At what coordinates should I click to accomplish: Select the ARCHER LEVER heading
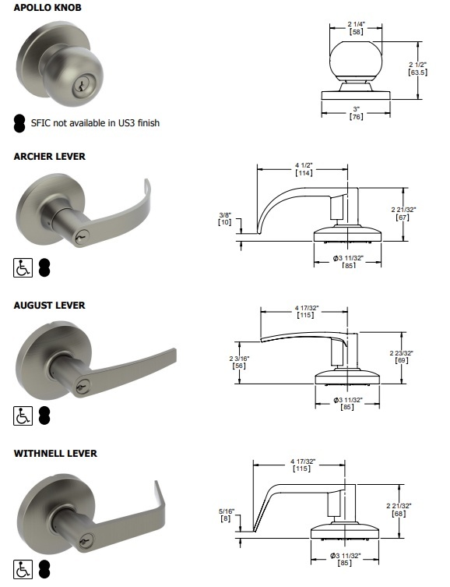click(x=49, y=156)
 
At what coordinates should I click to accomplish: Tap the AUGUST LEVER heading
click(x=49, y=305)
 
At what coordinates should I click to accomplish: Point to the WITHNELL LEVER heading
click(x=55, y=453)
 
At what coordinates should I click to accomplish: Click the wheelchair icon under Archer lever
click(x=23, y=269)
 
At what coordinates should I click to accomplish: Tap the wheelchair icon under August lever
click(x=23, y=416)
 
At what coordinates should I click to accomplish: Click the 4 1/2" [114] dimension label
click(x=304, y=169)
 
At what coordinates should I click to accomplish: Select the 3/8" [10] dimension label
click(x=224, y=217)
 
